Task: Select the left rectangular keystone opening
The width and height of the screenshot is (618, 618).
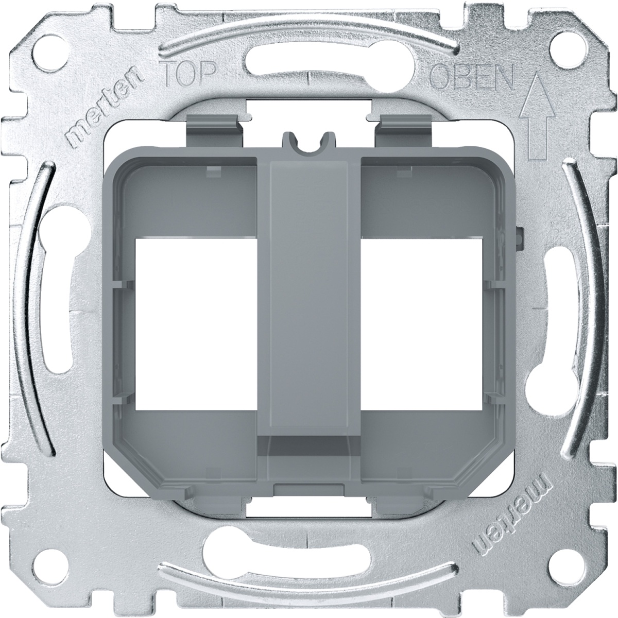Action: [x=197, y=323]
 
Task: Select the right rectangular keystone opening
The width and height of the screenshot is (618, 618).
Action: [x=422, y=323]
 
